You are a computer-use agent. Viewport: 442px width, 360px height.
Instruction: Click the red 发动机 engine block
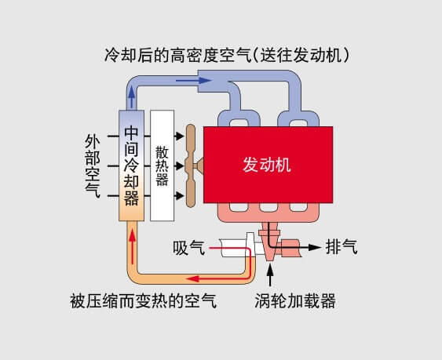[x=268, y=165]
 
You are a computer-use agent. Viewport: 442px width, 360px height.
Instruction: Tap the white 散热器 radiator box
[x=162, y=165]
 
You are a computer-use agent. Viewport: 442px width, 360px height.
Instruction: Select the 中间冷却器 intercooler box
[x=131, y=165]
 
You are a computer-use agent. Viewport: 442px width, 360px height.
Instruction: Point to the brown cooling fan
[x=192, y=165]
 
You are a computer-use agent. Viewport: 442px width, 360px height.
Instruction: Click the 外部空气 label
[x=93, y=166]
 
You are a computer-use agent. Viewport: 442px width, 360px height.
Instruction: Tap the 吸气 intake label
[x=189, y=248]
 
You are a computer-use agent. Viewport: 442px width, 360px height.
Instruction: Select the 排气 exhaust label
[x=342, y=247]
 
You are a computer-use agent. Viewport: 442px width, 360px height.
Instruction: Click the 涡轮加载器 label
[x=295, y=301]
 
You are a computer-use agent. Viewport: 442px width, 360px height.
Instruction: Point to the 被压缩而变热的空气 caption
[x=144, y=301]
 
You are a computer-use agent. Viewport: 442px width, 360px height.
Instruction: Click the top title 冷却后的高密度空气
[x=178, y=55]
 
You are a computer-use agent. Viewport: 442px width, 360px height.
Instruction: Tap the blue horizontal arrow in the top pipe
[x=194, y=81]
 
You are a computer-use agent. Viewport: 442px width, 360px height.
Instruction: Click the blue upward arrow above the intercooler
[x=131, y=97]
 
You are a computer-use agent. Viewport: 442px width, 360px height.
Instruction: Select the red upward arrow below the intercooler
[x=132, y=245]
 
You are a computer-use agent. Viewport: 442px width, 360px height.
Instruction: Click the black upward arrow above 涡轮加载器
[x=270, y=276]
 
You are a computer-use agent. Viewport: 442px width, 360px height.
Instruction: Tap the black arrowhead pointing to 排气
[x=315, y=247]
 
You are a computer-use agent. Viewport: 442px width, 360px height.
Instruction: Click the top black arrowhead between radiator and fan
[x=179, y=136]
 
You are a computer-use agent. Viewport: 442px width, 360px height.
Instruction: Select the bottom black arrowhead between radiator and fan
[x=179, y=195]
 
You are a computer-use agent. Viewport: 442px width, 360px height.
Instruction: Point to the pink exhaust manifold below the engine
[x=268, y=212]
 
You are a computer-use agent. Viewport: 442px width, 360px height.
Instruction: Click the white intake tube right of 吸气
[x=234, y=248]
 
